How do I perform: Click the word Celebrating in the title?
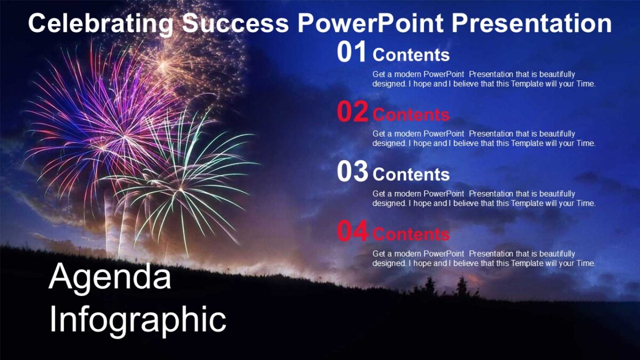pyautogui.click(x=100, y=24)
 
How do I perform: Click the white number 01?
pyautogui.click(x=353, y=53)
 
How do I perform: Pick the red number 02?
pyautogui.click(x=353, y=113)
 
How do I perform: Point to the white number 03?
pyautogui.click(x=353, y=172)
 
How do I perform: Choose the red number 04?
pyautogui.click(x=353, y=232)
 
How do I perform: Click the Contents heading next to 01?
pyautogui.click(x=411, y=55)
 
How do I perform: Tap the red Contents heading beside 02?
pyautogui.click(x=411, y=115)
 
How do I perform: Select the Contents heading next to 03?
pyautogui.click(x=411, y=174)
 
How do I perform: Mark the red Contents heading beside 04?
pyautogui.click(x=411, y=234)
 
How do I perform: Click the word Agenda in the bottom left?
pyautogui.click(x=110, y=278)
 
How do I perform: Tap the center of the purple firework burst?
pyautogui.click(x=115, y=133)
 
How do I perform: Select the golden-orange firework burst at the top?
pyautogui.click(x=184, y=61)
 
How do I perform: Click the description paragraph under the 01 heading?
pyautogui.click(x=484, y=79)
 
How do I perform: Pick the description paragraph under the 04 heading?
pyautogui.click(x=484, y=259)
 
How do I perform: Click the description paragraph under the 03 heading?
pyautogui.click(x=484, y=198)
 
